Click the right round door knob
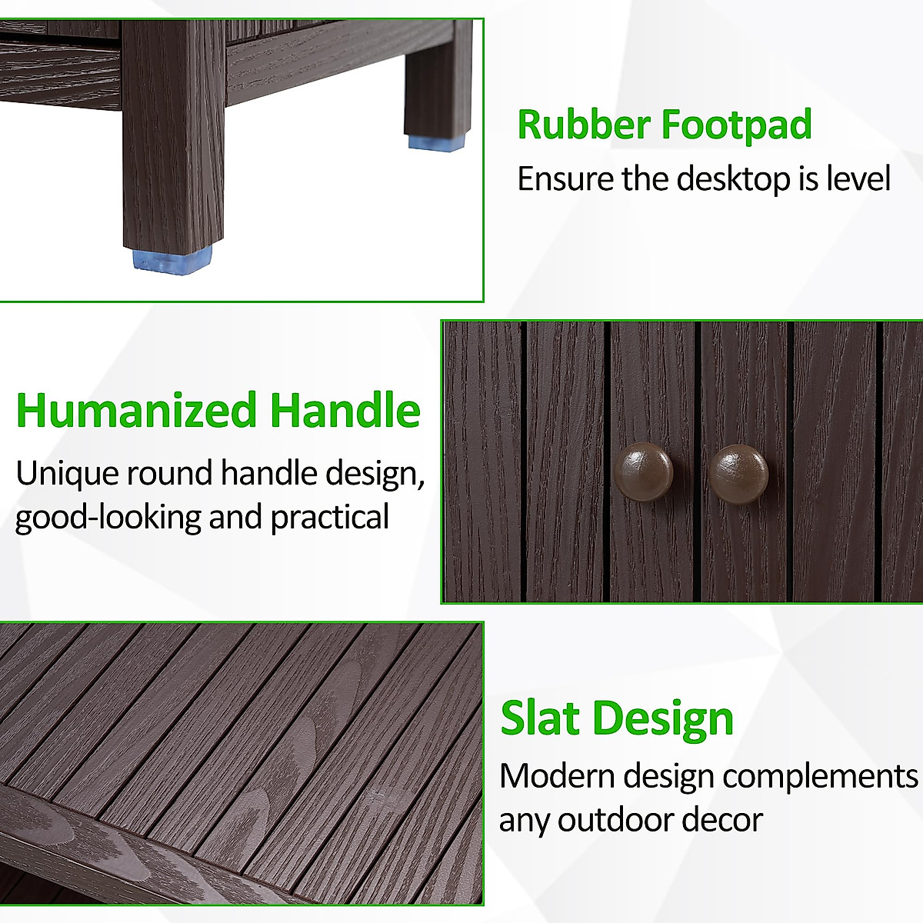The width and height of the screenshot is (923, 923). click(x=738, y=473)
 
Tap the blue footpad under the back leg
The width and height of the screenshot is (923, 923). click(x=435, y=142)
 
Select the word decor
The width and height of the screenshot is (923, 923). click(x=728, y=820)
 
